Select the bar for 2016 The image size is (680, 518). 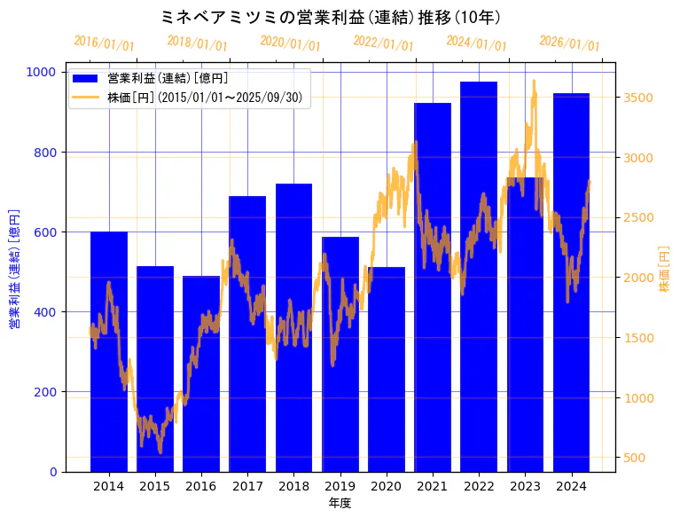[x=201, y=373]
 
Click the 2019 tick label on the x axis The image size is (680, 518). [x=340, y=486]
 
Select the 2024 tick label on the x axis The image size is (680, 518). [x=571, y=486]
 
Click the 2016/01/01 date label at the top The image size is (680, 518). [x=104, y=43]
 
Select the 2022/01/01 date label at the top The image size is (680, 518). [x=383, y=43]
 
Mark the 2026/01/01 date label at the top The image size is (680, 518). [x=569, y=43]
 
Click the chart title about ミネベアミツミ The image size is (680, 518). [x=340, y=17]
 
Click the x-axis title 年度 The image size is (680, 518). [x=340, y=503]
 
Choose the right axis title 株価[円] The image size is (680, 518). [x=665, y=270]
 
